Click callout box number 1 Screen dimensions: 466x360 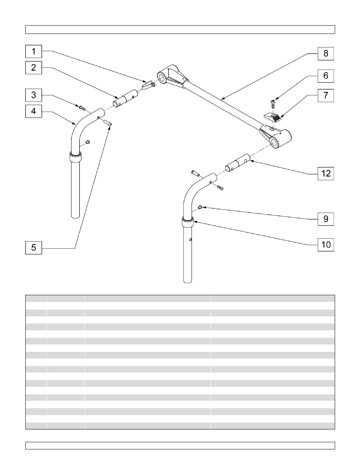click(x=34, y=51)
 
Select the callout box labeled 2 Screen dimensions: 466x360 click(x=34, y=67)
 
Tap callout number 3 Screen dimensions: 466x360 click(x=34, y=95)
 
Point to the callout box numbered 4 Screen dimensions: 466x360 click(x=34, y=111)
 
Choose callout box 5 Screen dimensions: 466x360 click(x=34, y=247)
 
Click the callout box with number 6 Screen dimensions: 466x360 click(x=326, y=76)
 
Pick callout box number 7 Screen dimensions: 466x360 click(x=326, y=96)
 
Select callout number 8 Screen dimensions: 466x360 click(x=326, y=54)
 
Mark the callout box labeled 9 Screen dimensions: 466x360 click(x=326, y=219)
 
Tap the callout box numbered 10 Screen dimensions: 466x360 click(x=326, y=245)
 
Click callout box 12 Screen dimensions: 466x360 click(x=326, y=173)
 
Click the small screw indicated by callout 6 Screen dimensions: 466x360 click(x=272, y=103)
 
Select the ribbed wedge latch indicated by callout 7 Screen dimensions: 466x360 click(x=272, y=117)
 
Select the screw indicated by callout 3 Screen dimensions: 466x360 click(x=82, y=108)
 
